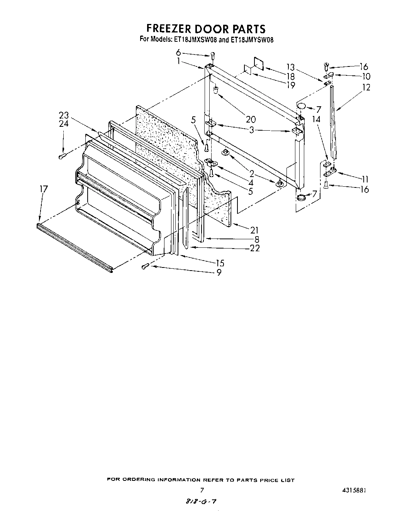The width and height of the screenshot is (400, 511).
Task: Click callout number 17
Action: tap(44, 189)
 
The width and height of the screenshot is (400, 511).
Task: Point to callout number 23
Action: tap(64, 115)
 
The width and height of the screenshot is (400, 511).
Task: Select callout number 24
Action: tap(64, 124)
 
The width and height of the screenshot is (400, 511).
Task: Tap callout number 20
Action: tap(251, 119)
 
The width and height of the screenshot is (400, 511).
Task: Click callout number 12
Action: tap(366, 87)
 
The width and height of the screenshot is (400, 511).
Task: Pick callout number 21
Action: tap(254, 230)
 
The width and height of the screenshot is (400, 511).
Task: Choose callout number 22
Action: tap(254, 248)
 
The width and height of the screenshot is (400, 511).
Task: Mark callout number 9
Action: tap(219, 272)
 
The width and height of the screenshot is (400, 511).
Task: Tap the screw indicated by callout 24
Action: tap(62, 156)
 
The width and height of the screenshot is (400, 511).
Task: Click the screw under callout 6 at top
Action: tap(212, 55)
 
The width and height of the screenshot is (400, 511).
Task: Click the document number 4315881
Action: tap(352, 490)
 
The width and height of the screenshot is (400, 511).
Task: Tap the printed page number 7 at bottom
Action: tap(202, 490)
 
